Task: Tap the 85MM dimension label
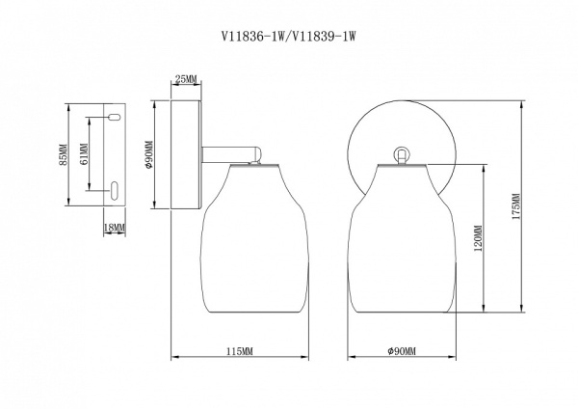coord(64,154)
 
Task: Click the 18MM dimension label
coord(113,228)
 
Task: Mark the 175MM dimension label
coord(516,206)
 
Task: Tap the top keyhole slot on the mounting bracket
coord(112,118)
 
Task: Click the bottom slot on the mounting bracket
coord(112,189)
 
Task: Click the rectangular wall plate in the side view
coord(185,153)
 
